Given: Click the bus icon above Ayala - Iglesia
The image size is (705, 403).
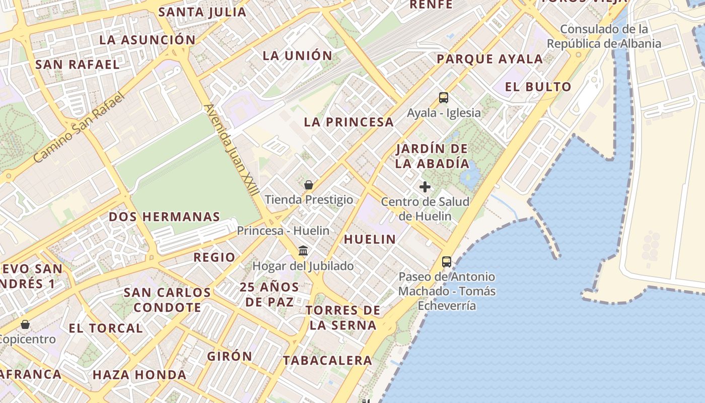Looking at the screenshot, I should (443, 98).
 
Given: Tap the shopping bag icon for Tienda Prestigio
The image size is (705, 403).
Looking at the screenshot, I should (309, 185).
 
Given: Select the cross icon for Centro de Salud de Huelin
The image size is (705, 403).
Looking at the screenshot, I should (425, 187).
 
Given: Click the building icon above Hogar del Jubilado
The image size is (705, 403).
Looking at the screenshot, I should (303, 250).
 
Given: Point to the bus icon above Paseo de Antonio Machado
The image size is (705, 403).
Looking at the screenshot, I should (447, 261).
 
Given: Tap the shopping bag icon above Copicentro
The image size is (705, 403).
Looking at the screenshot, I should (25, 324).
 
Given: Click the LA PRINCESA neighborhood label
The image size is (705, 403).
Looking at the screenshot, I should (348, 122).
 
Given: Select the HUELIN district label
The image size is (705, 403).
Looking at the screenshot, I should (370, 239).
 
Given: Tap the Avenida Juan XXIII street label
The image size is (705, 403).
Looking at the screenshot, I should (232, 150).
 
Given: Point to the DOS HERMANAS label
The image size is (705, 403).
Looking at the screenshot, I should (165, 217).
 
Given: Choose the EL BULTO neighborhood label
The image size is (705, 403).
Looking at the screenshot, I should (538, 87).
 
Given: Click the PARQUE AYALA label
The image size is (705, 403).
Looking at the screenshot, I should (489, 59).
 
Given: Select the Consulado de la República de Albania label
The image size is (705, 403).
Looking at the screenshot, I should (604, 36).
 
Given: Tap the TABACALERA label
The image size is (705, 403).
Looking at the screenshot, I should (327, 360).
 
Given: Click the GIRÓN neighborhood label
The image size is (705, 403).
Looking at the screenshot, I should (230, 356).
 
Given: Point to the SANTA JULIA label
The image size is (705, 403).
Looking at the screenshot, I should (202, 12).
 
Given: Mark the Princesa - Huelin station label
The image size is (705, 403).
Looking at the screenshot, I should (283, 231).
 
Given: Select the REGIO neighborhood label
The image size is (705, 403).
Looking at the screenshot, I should (215, 257).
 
